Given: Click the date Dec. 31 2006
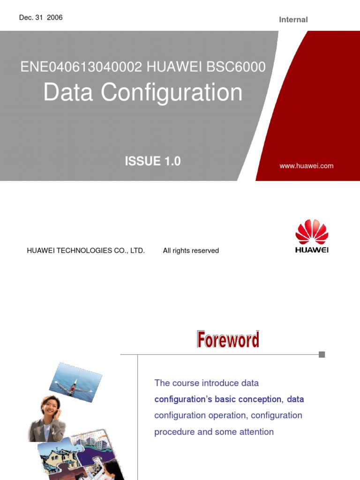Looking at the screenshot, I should pos(41,18).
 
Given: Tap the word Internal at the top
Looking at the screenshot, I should pos(293,20).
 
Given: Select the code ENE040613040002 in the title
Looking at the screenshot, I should pos(81,67).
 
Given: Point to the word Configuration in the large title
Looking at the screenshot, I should pos(172,92).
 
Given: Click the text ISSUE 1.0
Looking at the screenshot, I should pos(152,161).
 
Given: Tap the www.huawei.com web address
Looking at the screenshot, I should pos(307,166).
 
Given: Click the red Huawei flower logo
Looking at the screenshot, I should pos(312,232).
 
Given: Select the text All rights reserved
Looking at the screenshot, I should pos(191,251).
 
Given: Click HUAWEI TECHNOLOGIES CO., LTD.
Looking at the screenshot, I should pos(86,251).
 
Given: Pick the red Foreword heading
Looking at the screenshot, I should pos(228,340).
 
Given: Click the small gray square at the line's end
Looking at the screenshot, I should pos(322,355).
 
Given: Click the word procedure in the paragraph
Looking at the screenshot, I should pos(174,432).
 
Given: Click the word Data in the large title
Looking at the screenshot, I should pos(69,92).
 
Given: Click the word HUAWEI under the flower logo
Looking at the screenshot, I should pos(312,250).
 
